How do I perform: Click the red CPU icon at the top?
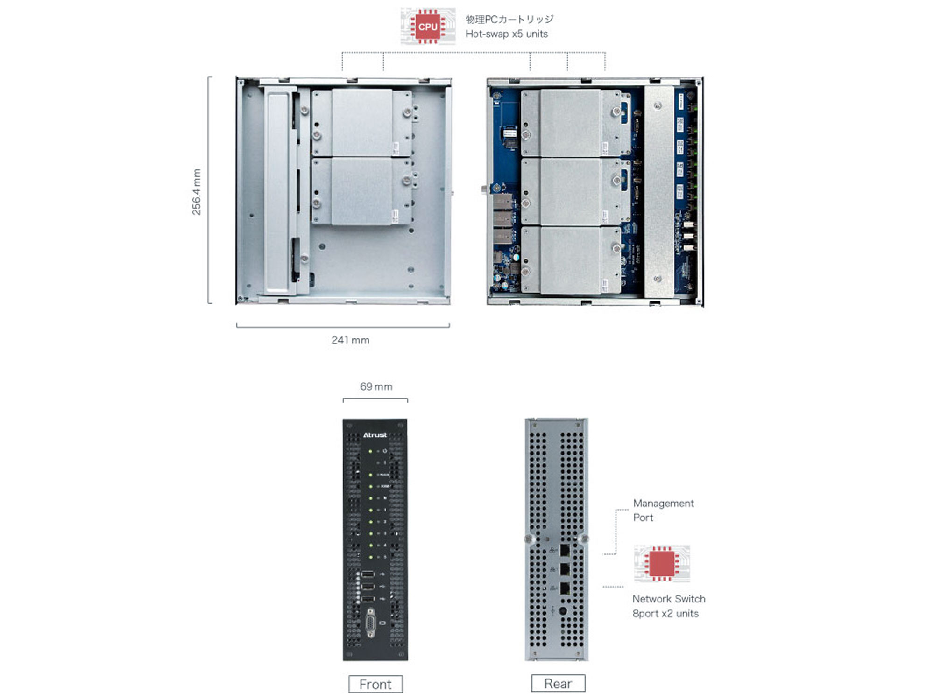[x=428, y=27]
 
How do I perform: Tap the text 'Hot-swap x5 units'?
[x=506, y=34]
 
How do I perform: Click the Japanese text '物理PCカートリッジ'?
[x=509, y=19]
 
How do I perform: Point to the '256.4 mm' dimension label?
[x=197, y=192]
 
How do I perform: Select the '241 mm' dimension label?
[x=350, y=340]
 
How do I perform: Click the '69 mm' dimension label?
[x=376, y=386]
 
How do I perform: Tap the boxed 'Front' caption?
[x=375, y=684]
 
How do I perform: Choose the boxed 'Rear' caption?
[x=558, y=684]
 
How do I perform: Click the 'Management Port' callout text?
[x=663, y=510]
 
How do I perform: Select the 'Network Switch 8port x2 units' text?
[x=668, y=606]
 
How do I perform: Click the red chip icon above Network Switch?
[x=662, y=563]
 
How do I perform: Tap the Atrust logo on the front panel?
[x=375, y=435]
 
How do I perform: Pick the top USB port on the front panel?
[x=368, y=574]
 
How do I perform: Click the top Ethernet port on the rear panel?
[x=565, y=551]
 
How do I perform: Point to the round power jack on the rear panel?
[x=563, y=611]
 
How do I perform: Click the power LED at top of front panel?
[x=371, y=451]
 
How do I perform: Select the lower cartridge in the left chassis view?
[x=361, y=191]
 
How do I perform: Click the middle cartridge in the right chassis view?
[x=570, y=192]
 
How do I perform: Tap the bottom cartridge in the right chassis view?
[x=570, y=260]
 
